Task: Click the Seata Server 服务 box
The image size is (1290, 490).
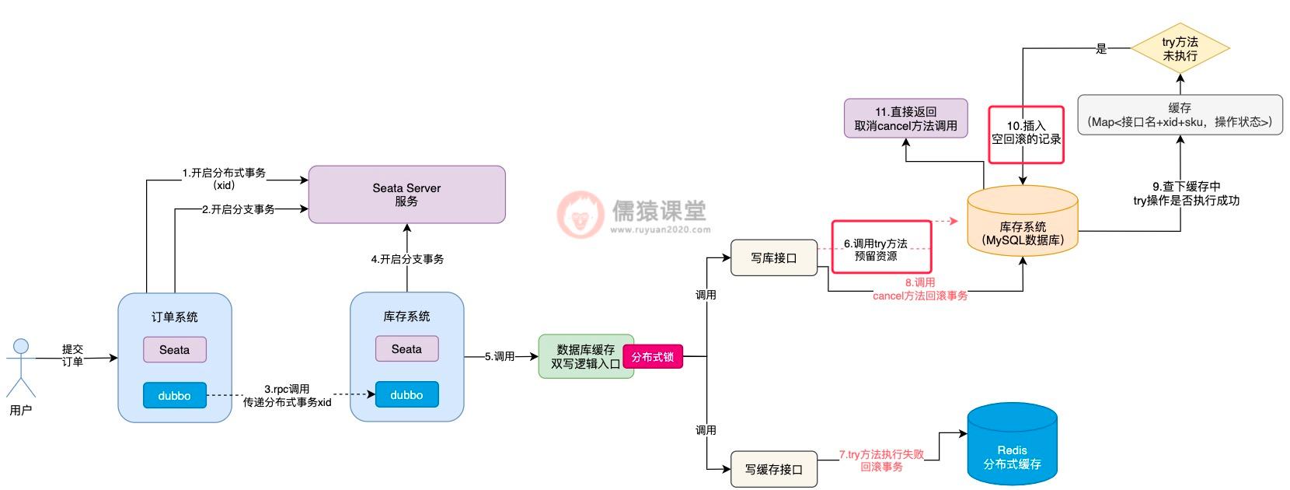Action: (x=406, y=194)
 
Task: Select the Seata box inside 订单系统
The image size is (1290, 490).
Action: (x=174, y=349)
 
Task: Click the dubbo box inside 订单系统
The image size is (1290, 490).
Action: (x=174, y=395)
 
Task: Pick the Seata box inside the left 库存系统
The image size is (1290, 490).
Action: (x=406, y=349)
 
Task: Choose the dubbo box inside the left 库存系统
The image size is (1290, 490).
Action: (x=406, y=395)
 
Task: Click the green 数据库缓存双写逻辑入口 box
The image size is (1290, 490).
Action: (x=584, y=356)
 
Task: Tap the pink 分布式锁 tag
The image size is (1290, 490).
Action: (x=653, y=357)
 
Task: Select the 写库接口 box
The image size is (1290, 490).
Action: (x=774, y=257)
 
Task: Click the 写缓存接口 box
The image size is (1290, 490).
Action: (x=774, y=469)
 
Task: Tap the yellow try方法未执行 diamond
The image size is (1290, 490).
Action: (x=1180, y=48)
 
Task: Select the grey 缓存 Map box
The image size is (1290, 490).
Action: (x=1180, y=114)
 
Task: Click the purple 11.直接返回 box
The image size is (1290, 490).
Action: (x=906, y=118)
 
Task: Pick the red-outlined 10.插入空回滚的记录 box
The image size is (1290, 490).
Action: (x=1026, y=134)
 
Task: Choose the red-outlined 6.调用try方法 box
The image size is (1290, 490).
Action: (x=881, y=247)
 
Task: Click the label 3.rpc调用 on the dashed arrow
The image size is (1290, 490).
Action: (x=287, y=389)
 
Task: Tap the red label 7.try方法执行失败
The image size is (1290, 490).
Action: (x=881, y=453)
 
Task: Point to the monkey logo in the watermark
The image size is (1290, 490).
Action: (x=580, y=215)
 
